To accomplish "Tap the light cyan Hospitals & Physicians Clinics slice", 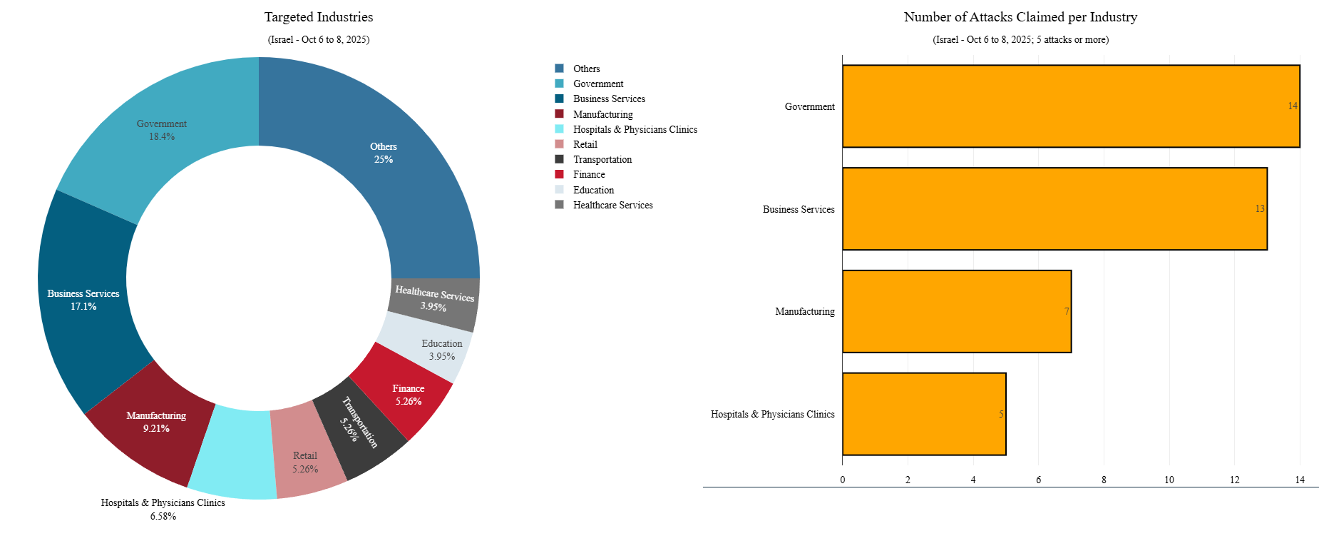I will pos(232,454).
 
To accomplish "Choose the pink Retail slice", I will pos(307,457).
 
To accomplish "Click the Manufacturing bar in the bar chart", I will pos(956,311).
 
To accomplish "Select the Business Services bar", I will pos(1054,209).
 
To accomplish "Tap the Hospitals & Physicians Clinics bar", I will pos(924,414).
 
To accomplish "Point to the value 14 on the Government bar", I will pos(1293,106).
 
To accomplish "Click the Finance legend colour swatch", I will pos(559,174).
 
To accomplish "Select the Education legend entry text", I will pos(593,190).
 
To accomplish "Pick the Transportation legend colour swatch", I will pos(559,159).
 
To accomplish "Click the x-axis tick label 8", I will pos(1104,480).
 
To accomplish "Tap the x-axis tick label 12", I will pos(1234,480).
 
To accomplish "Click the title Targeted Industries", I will pos(319,17).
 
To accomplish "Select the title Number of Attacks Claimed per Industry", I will pos(1020,17).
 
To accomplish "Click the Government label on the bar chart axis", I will pos(809,106).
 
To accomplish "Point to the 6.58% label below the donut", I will pos(163,516).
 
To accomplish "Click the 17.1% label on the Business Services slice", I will pos(83,306).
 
